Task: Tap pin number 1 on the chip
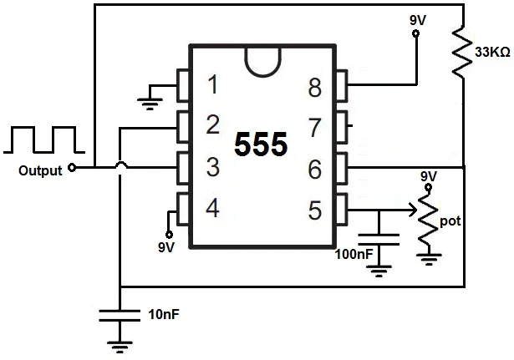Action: (x=212, y=84)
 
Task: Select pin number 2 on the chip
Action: (x=212, y=125)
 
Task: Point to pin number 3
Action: (x=212, y=167)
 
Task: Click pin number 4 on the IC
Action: (x=212, y=208)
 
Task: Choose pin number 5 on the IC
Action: (x=314, y=210)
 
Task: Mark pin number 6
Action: (x=314, y=170)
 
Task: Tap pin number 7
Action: (x=314, y=128)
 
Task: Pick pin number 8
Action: (x=314, y=86)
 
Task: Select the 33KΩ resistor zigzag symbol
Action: (x=461, y=51)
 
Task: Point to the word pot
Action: (x=450, y=222)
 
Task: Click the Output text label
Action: (x=39, y=170)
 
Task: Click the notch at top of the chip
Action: (x=262, y=59)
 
